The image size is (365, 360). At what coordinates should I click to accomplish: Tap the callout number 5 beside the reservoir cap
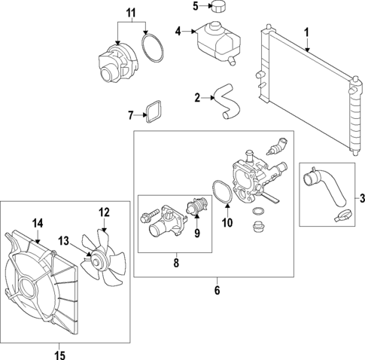(x=194, y=7)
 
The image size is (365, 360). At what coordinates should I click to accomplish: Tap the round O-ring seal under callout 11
(x=153, y=50)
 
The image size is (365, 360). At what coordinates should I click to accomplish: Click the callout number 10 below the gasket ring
(x=227, y=223)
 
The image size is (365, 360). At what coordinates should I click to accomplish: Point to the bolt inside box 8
(x=147, y=218)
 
